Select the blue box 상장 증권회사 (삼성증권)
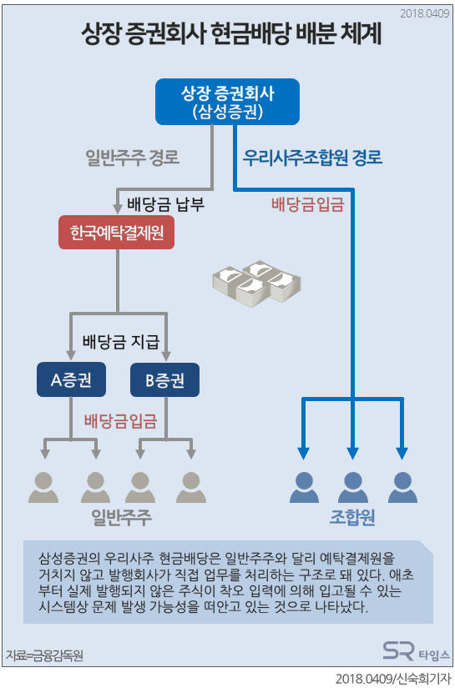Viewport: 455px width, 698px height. click(x=227, y=100)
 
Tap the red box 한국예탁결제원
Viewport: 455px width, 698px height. click(x=117, y=233)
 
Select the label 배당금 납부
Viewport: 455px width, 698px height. click(x=167, y=203)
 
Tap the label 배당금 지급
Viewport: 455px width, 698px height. click(x=120, y=342)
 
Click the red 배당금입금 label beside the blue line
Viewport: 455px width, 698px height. click(x=307, y=202)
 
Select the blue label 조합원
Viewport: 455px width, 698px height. click(x=352, y=517)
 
